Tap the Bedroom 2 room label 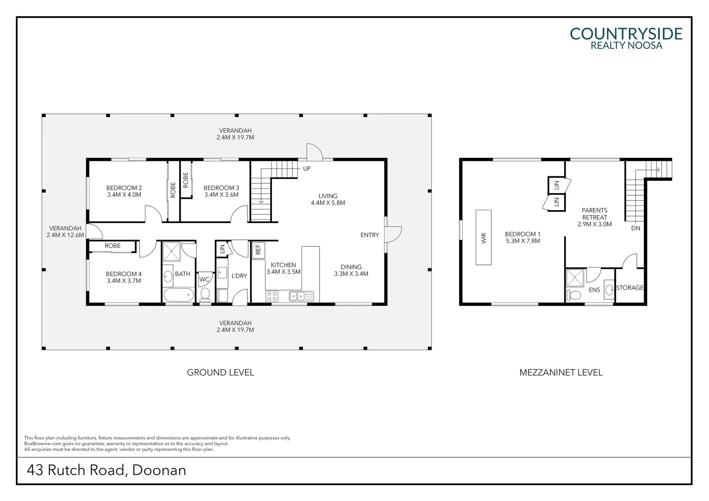[x=124, y=188]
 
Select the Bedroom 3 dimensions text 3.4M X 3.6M [x=221, y=195]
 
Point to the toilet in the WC [x=205, y=294]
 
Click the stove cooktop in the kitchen [x=271, y=295]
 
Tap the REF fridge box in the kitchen [x=258, y=250]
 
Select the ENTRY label [x=369, y=235]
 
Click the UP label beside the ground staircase [x=307, y=168]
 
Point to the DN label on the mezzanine [x=635, y=228]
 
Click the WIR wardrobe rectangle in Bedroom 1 [x=483, y=238]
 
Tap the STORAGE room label [x=630, y=288]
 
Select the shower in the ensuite [x=575, y=278]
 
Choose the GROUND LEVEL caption [x=220, y=372]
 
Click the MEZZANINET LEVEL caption [x=561, y=372]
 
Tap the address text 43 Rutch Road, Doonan [x=106, y=470]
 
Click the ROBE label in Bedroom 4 [x=112, y=246]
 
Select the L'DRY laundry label [x=239, y=276]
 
